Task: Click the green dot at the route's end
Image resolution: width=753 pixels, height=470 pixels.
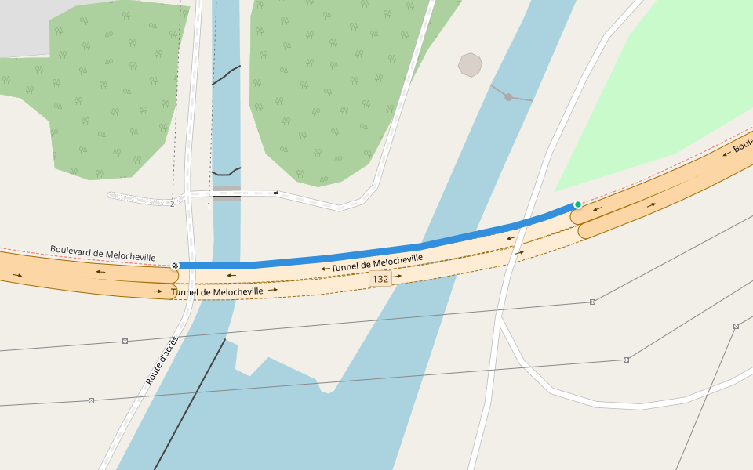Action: (x=578, y=204)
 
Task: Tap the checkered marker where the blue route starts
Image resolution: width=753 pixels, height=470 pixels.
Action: (x=175, y=266)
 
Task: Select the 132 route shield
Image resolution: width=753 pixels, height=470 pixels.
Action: (x=380, y=279)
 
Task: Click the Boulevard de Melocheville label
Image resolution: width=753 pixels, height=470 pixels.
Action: (x=103, y=253)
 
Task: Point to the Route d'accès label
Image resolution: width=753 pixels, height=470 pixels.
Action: (x=162, y=360)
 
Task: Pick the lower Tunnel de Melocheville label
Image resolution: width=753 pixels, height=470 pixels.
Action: (x=217, y=291)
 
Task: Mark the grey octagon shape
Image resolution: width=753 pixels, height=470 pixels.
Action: (x=470, y=65)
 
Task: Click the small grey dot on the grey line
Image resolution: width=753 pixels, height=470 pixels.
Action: (x=508, y=97)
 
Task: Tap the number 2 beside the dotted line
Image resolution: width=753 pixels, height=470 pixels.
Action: (x=172, y=204)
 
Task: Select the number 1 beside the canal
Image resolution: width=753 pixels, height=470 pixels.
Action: (x=209, y=205)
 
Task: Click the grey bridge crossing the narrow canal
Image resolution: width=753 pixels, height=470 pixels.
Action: (x=227, y=193)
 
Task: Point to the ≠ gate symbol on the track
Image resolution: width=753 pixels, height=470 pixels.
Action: (x=276, y=193)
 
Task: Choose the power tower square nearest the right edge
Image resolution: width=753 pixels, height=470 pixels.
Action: (x=736, y=326)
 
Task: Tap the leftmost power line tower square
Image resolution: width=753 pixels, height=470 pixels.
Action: (x=91, y=400)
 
